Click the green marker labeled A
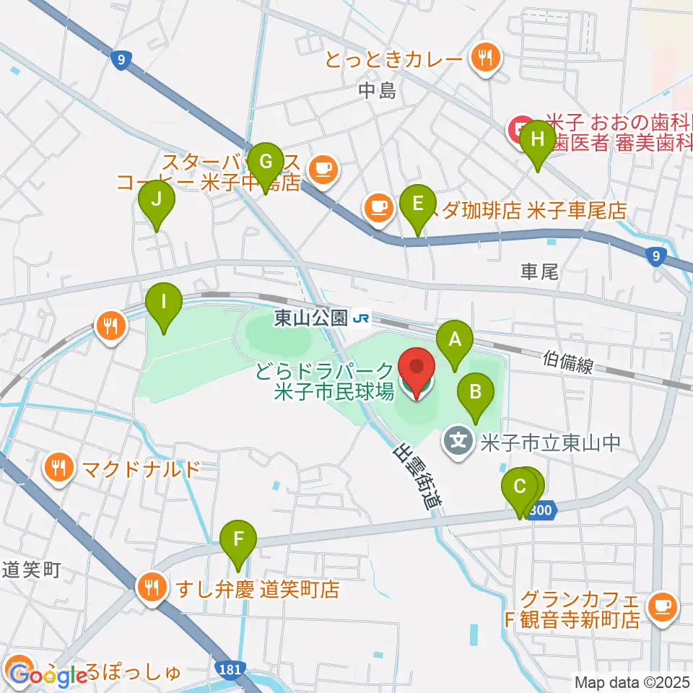[x=455, y=338]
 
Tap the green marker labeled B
[x=476, y=393]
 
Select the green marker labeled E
[x=418, y=204]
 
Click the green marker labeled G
[x=265, y=160]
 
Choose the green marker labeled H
[x=538, y=139]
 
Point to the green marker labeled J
[x=157, y=198]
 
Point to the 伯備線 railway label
[x=568, y=362]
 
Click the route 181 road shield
[x=229, y=670]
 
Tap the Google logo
[x=49, y=676]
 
